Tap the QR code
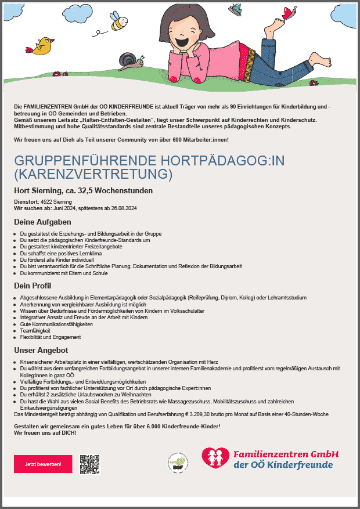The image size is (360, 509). coord(90,464)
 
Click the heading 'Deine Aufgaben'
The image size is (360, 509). coord(42,222)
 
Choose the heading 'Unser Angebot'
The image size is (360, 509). coord(41,350)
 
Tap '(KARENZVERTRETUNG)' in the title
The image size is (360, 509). coord(93,174)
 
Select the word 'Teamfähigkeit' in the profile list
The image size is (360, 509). coord(34,331)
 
